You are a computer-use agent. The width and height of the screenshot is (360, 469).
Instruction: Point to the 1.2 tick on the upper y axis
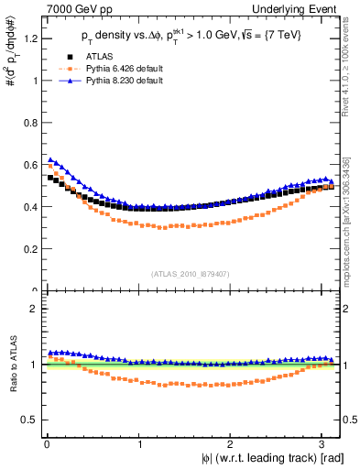click(x=30, y=38)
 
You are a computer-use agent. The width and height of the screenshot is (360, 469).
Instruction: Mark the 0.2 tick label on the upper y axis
click(x=30, y=249)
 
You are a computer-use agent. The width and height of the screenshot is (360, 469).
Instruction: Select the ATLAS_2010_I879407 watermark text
click(x=191, y=274)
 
